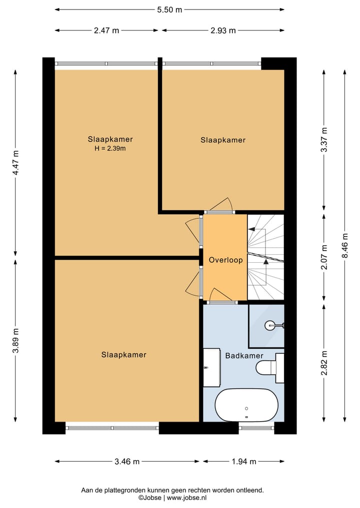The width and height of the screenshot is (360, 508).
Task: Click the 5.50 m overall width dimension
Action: tap(169, 9)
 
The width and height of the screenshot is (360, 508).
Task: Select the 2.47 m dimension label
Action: tap(106, 30)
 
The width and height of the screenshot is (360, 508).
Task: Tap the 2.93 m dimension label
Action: tap(223, 30)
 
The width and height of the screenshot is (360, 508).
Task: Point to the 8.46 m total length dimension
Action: tap(345, 246)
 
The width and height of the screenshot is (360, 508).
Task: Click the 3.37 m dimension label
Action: tap(324, 140)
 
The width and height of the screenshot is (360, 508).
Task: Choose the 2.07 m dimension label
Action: tap(324, 257)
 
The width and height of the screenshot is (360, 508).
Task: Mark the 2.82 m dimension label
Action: tap(324, 363)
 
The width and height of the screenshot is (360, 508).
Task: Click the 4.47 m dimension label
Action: tap(15, 163)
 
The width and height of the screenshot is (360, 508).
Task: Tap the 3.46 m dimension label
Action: tap(127, 462)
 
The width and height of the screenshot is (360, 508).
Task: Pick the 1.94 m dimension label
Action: tap(244, 462)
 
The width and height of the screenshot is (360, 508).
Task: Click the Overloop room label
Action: tap(225, 260)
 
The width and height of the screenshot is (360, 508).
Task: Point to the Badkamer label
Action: tap(244, 356)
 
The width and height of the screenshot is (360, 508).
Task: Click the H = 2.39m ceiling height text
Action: tap(110, 149)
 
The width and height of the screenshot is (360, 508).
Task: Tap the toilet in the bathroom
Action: tap(270, 368)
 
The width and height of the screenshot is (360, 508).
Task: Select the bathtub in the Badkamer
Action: tap(247, 405)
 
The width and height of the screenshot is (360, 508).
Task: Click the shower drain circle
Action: tap(270, 325)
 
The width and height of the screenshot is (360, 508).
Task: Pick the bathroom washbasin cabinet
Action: tap(212, 368)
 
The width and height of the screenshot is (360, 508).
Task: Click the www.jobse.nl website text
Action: tap(187, 498)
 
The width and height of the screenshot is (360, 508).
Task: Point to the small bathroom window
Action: tap(256, 428)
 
